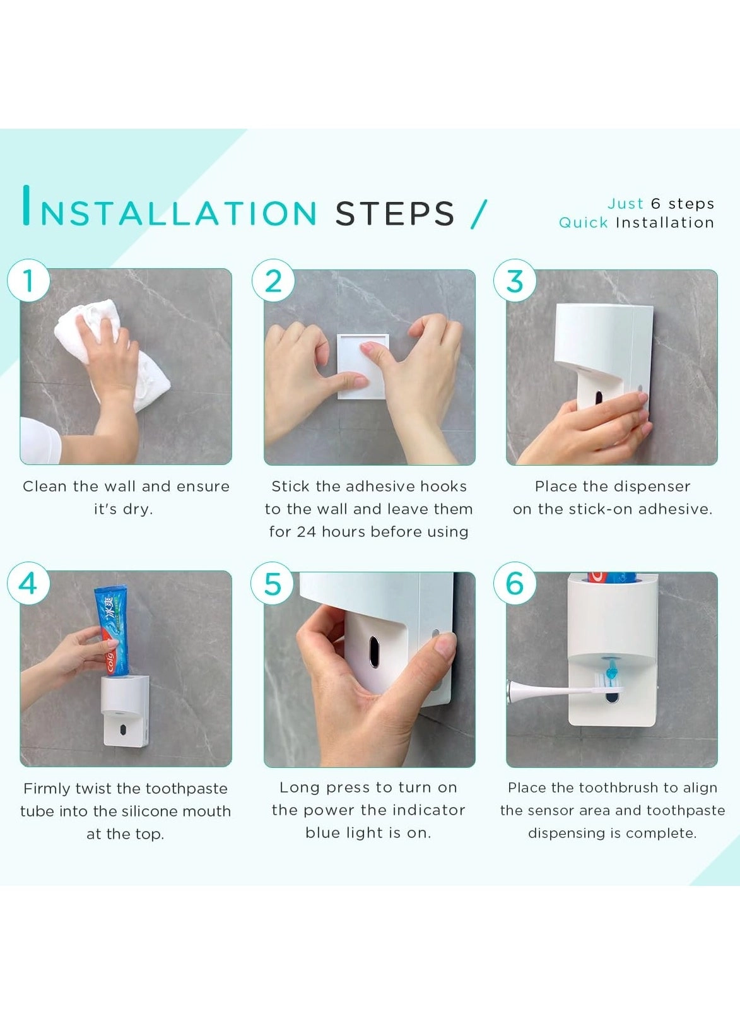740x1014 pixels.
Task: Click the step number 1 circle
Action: pos(28,280)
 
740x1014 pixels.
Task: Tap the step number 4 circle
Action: pos(28,583)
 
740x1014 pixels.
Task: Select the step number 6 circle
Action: pos(515,583)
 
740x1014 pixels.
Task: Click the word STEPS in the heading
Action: pos(395,214)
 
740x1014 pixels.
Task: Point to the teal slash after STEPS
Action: pos(479,214)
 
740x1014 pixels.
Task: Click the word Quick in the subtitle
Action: pos(584,223)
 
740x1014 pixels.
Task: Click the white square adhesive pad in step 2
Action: pos(361,366)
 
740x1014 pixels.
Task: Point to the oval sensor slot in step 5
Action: pos(374,652)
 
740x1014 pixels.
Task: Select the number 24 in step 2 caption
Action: pos(306,532)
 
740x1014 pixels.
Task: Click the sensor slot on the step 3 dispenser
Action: pos(598,396)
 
